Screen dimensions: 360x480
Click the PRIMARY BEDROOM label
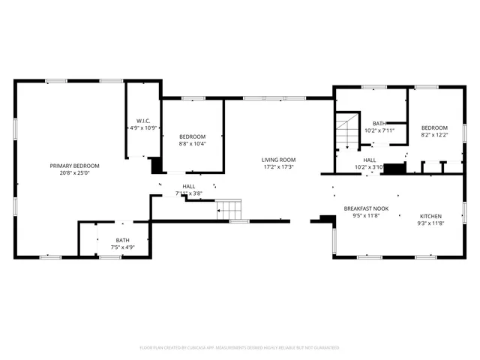point(74,166)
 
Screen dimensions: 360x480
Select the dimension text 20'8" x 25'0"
point(74,173)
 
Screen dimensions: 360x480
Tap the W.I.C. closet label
point(143,121)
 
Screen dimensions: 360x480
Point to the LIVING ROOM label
point(278,159)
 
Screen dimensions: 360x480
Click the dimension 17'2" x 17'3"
point(278,166)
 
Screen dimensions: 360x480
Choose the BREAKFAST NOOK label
point(366,208)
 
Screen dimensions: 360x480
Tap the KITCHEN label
point(430,216)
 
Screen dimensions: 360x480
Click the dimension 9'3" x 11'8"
point(430,223)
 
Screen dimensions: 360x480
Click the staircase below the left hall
point(229,209)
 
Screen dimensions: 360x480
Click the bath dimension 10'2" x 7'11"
point(379,130)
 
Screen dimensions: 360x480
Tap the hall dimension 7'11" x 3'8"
point(188,193)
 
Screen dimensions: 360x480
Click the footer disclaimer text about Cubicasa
point(239,348)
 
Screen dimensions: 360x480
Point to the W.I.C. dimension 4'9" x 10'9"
point(143,128)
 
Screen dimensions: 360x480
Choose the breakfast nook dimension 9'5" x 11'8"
point(366,216)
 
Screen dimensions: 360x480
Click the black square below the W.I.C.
point(156,166)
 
